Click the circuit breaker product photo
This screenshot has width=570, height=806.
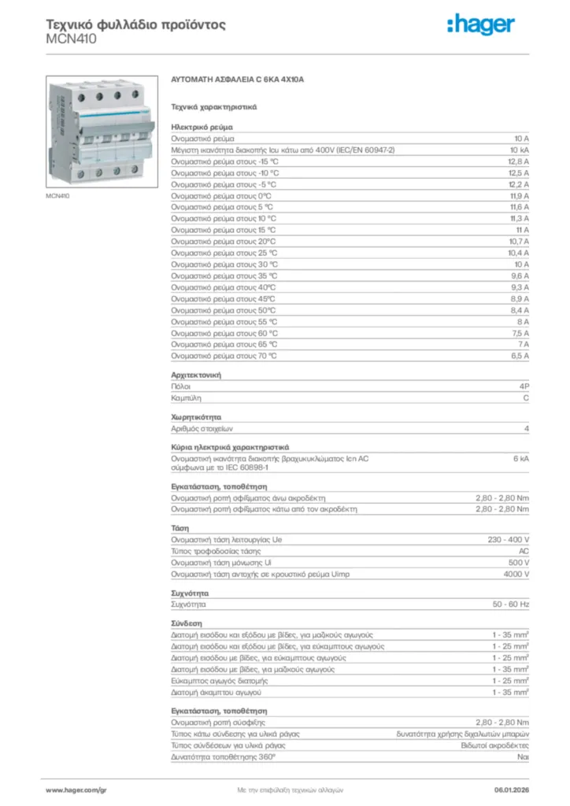coord(99,131)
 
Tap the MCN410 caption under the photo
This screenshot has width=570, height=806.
coord(57,195)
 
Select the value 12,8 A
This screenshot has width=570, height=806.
coord(518,161)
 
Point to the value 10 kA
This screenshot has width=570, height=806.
coord(520,150)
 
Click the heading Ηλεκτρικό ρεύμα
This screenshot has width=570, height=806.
coord(201,127)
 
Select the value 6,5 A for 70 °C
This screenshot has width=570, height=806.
coord(519,356)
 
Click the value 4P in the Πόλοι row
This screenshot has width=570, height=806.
coord(524,387)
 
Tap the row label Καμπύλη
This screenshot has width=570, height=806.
coord(186,399)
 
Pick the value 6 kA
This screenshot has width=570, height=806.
coord(521,458)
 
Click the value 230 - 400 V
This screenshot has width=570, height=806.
coord(509,540)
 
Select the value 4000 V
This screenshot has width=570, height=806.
coord(516,574)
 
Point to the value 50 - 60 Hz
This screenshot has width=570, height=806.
coord(512,604)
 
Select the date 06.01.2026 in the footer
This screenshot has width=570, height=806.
coord(511,789)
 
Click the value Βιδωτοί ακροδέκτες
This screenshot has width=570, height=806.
coord(495,745)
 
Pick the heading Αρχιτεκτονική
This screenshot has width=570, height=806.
coord(196,375)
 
